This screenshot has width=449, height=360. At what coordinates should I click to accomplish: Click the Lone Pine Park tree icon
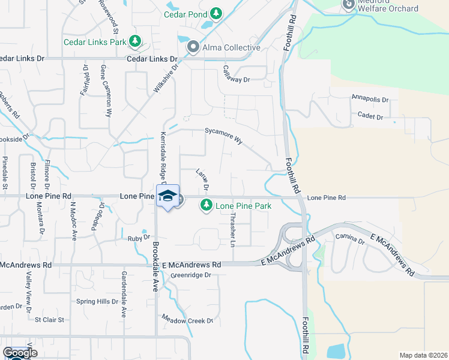click(206, 206)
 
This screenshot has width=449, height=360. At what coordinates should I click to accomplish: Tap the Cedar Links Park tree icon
click(136, 41)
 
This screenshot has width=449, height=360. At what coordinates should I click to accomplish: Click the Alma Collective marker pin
click(193, 47)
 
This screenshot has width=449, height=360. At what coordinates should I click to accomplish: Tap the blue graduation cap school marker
click(168, 196)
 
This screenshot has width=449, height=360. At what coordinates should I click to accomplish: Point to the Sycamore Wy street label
click(224, 136)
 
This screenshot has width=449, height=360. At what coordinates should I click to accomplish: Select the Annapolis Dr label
click(370, 99)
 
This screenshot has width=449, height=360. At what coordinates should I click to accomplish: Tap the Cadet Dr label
click(370, 117)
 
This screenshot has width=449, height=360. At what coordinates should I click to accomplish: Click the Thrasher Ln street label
click(232, 229)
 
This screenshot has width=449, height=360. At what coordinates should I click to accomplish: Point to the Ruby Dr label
click(137, 238)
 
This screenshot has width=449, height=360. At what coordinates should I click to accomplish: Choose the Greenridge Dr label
click(191, 275)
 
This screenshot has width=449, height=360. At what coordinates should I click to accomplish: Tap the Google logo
click(20, 353)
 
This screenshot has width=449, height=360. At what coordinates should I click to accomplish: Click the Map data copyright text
click(423, 355)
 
